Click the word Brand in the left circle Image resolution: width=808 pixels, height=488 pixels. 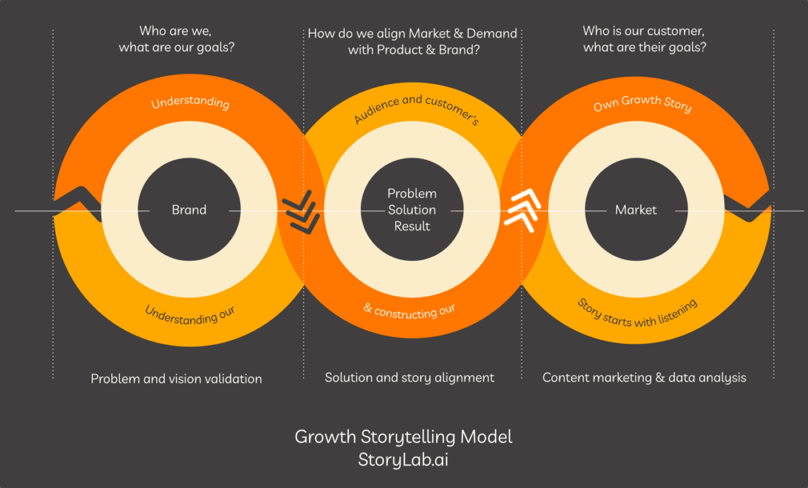[189, 210]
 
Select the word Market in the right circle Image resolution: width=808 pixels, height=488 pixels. [635, 210]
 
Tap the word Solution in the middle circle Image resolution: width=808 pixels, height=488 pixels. [411, 210]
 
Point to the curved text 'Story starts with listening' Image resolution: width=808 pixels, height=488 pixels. [637, 312]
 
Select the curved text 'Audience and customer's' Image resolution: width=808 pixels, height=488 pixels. [415, 109]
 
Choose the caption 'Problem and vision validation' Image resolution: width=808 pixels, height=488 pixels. [176, 379]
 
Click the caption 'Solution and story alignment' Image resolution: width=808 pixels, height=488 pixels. [409, 377]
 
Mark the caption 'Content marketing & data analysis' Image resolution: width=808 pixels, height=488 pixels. [644, 377]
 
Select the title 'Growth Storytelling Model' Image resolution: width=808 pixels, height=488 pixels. [403, 437]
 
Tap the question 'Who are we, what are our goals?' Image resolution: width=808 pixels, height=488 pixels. [180, 39]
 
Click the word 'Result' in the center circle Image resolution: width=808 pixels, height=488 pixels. [411, 226]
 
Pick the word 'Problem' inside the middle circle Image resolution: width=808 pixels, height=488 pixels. [411, 193]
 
